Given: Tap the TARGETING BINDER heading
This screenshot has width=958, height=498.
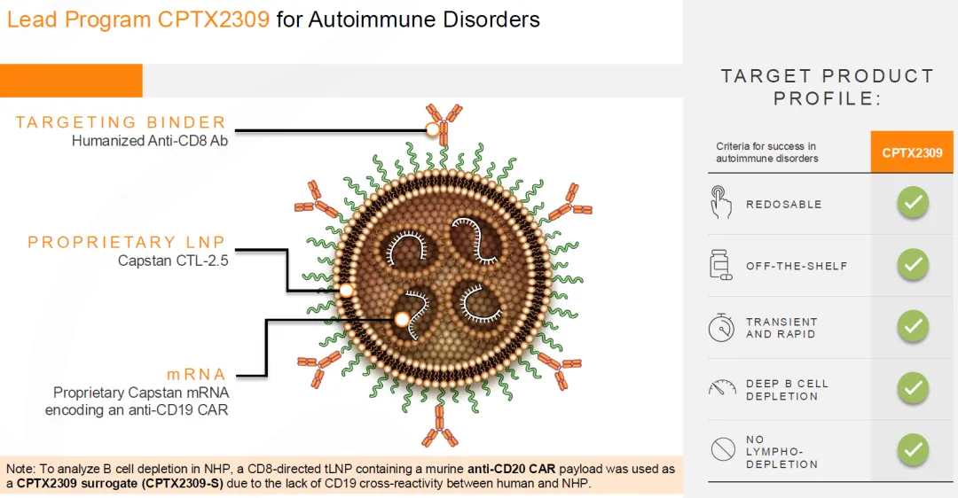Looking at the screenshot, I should [x=121, y=122].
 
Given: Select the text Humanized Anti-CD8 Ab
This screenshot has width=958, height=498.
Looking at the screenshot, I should [x=150, y=140].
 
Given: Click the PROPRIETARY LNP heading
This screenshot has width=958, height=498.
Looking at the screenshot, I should [x=127, y=242].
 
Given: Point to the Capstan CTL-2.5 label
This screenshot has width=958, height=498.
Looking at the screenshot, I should [x=173, y=261].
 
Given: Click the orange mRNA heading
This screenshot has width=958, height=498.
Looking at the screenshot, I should [x=196, y=374].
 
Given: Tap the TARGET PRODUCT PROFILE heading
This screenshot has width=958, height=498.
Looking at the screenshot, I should [x=827, y=87].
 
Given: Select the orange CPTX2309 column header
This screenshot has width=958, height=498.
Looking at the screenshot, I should [x=912, y=152].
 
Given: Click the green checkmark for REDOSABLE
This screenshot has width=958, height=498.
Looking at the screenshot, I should [x=912, y=203].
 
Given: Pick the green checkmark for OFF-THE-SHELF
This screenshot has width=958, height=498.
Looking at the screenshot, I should [x=912, y=265].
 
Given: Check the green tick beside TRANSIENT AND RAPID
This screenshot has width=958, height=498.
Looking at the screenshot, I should [x=912, y=326].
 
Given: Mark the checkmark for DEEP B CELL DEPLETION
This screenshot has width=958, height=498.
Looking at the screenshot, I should [x=912, y=388].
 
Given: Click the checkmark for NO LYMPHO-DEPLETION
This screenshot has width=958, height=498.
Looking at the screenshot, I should [x=912, y=449].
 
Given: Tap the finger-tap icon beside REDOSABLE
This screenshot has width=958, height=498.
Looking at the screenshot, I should [x=721, y=203].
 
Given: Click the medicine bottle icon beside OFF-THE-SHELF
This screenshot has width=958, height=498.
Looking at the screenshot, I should [x=721, y=265].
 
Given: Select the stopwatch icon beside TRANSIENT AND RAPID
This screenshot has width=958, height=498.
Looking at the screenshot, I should [x=721, y=327].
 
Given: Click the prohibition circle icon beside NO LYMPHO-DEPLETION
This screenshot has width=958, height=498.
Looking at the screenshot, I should [x=722, y=450].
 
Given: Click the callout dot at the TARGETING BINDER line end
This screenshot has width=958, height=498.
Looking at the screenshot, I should [x=433, y=130].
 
